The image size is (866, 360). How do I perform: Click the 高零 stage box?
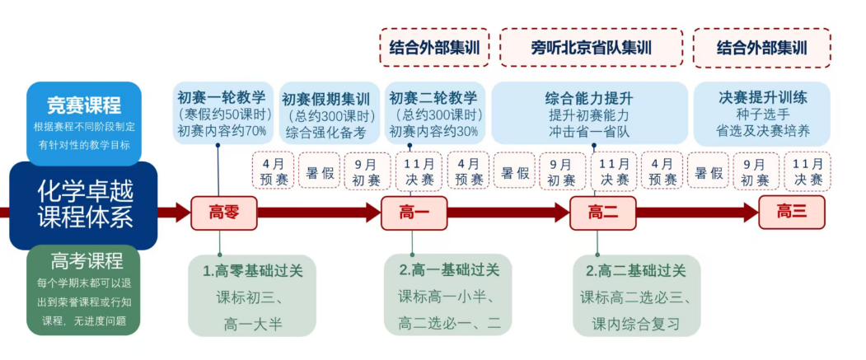pyautogui.click(x=223, y=213)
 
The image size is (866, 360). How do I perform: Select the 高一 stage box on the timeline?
pyautogui.click(x=414, y=213)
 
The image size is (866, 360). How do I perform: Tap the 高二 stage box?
pyautogui.click(x=602, y=213)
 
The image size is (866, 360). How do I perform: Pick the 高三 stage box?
pyautogui.click(x=791, y=212)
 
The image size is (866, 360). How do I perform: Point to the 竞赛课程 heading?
pyautogui.click(x=84, y=105)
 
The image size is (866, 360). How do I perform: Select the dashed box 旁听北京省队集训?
pyautogui.click(x=591, y=48)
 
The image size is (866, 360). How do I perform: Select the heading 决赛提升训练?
pyautogui.click(x=762, y=97)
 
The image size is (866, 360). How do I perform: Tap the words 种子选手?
pyautogui.click(x=762, y=115)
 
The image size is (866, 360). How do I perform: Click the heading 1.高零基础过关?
pyautogui.click(x=252, y=270)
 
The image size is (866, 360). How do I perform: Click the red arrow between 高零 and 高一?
pyautogui.click(x=318, y=213)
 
